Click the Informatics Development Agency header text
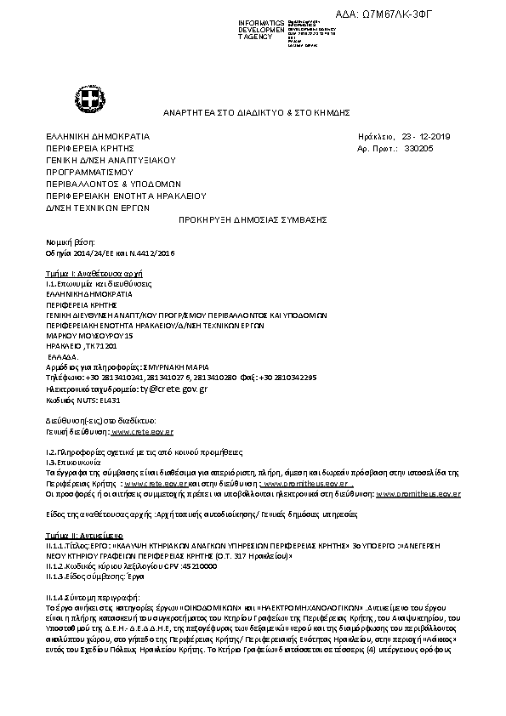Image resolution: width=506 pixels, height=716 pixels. (261, 30)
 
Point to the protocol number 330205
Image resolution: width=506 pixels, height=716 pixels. (418, 148)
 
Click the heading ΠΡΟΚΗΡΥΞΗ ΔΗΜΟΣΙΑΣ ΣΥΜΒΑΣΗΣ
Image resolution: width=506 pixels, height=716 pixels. (253, 219)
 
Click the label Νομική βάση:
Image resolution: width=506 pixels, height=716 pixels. (65, 242)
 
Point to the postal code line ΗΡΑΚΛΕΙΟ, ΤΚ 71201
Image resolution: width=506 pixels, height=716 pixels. (82, 347)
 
